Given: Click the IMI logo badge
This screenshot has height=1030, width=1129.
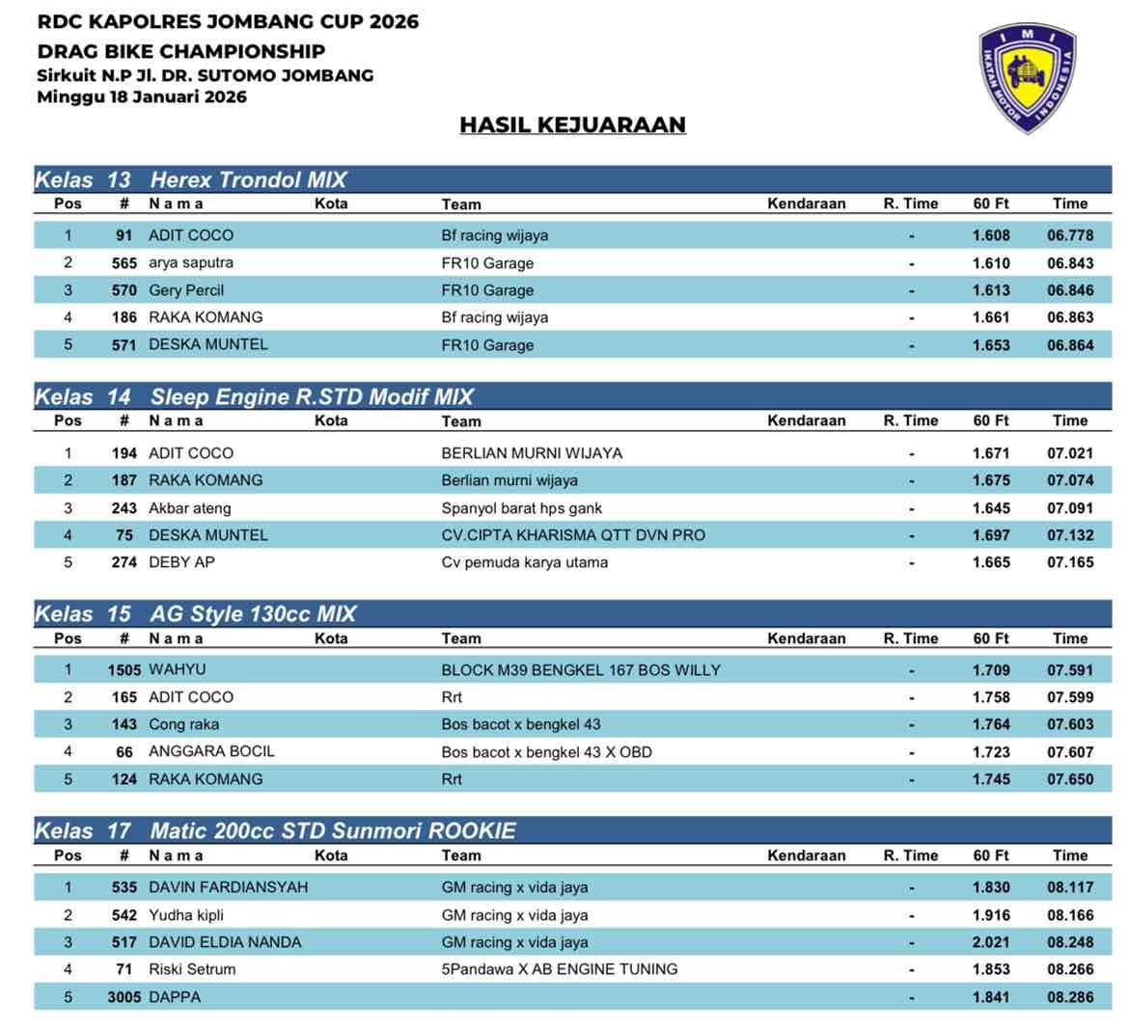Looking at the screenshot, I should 1027,77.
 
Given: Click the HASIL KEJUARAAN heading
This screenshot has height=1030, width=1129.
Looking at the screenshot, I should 572,124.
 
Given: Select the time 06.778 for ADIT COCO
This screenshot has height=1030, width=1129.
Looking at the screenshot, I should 1070,235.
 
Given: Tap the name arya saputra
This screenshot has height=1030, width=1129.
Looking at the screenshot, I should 191,262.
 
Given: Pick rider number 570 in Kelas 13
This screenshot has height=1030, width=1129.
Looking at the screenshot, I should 124,290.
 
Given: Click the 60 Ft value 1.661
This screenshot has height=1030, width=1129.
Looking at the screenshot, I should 991,317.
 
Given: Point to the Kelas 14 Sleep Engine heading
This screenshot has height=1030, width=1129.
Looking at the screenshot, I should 255,396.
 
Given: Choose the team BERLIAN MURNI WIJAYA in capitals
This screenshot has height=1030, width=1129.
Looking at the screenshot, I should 532,453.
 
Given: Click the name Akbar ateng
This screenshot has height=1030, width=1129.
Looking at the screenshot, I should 190,508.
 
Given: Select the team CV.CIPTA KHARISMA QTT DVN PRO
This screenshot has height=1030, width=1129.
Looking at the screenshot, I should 573,535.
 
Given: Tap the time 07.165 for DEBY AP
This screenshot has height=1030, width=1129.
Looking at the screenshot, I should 1070,562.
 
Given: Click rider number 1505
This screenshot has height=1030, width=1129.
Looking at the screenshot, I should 124,670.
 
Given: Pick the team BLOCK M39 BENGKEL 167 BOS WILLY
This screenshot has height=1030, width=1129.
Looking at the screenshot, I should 581,670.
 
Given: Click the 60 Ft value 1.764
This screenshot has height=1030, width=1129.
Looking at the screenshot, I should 991,724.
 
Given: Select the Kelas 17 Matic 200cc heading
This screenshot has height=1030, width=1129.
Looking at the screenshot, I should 275,830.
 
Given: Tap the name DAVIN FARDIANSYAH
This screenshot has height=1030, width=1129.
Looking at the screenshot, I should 228,887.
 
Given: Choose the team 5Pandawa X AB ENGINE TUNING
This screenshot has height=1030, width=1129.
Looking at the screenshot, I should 560,969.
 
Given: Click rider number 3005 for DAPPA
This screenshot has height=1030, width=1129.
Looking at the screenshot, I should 124,997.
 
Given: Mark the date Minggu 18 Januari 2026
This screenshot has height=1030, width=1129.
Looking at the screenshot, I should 142,96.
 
